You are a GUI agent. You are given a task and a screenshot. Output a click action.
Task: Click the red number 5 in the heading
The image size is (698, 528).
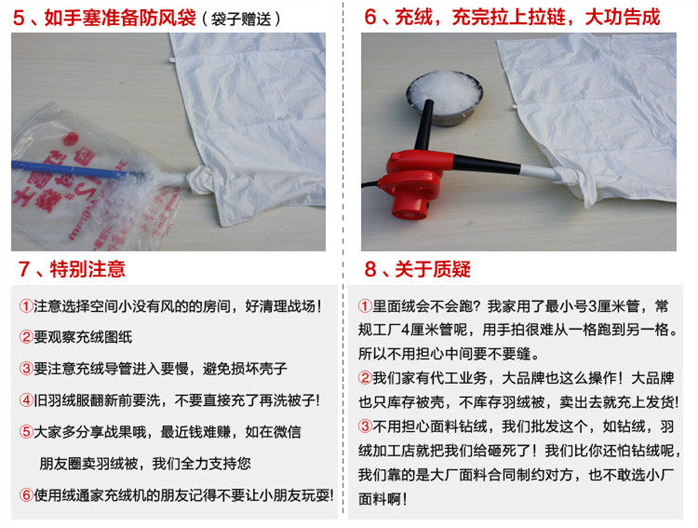click(19, 19)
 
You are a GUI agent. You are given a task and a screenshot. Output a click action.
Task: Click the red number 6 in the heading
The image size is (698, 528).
click(370, 18)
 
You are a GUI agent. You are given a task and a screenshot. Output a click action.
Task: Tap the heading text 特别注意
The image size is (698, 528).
click(87, 269)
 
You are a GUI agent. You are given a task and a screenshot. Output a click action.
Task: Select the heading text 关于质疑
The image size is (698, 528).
click(433, 269)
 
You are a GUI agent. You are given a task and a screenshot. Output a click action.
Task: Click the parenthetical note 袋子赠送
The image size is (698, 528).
click(241, 20)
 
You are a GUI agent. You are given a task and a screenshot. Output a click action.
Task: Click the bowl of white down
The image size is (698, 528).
click(444, 97)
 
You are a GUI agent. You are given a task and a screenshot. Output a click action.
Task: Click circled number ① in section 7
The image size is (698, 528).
click(26, 306)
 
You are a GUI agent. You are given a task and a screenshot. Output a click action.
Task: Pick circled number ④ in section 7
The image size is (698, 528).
click(26, 400)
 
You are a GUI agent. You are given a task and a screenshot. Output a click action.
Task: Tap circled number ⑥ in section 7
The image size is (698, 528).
click(26, 494)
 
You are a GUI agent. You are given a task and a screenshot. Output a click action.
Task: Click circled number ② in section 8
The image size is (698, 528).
click(365, 378)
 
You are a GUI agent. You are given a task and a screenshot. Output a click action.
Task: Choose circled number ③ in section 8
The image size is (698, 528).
click(365, 426)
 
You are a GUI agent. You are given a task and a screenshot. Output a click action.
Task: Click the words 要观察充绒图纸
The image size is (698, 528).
click(83, 337)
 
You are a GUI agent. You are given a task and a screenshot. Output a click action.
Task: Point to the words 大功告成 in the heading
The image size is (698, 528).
click(623, 18)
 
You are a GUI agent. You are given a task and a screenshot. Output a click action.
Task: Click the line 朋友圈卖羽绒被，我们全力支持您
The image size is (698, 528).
click(145, 464)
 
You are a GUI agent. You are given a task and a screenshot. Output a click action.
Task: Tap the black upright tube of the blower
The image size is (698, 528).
click(423, 126)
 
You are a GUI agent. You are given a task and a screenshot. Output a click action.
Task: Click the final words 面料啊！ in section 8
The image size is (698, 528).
click(383, 499)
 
